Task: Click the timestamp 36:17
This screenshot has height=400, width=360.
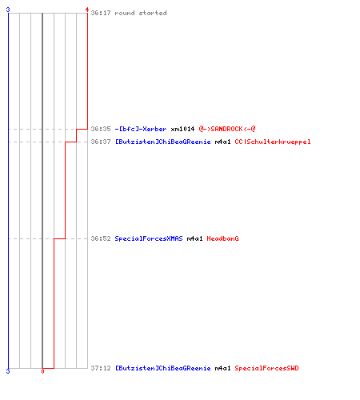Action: tap(101, 13)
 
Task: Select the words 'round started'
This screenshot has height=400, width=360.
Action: tap(141, 13)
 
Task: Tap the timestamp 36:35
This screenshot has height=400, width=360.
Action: tap(101, 129)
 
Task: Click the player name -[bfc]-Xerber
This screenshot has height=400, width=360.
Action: tap(141, 129)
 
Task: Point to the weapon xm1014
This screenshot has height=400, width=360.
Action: tap(182, 129)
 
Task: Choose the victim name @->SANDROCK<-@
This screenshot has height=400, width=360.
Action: tap(227, 129)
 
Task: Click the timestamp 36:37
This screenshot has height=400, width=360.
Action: tap(101, 142)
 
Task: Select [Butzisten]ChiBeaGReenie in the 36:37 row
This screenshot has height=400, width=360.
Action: tap(162, 142)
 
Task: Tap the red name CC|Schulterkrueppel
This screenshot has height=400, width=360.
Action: tap(273, 142)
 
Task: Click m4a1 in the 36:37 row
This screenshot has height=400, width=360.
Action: tap(222, 142)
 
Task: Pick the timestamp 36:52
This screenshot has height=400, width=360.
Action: tap(101, 238)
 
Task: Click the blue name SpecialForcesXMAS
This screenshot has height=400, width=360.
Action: tap(149, 238)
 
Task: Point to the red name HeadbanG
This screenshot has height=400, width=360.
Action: tap(222, 238)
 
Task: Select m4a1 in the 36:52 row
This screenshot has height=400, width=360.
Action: tap(194, 238)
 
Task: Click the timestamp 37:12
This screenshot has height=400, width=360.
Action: tap(101, 368)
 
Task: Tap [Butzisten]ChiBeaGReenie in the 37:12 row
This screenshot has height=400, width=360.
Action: tap(162, 368)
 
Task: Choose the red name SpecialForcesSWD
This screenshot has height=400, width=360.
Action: tap(266, 368)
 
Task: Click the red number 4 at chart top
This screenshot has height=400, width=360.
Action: tap(87, 10)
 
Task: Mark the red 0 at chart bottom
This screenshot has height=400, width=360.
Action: tap(42, 371)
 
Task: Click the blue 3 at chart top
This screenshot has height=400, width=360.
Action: tap(8, 10)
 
